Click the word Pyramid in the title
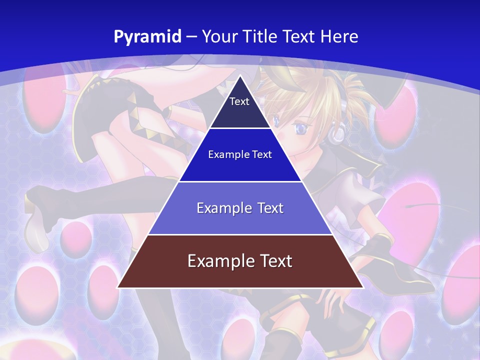(147, 37)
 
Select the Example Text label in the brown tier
(240, 261)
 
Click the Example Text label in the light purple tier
(240, 208)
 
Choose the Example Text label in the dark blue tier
(240, 154)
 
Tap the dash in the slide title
(191, 37)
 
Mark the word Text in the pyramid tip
(239, 101)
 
